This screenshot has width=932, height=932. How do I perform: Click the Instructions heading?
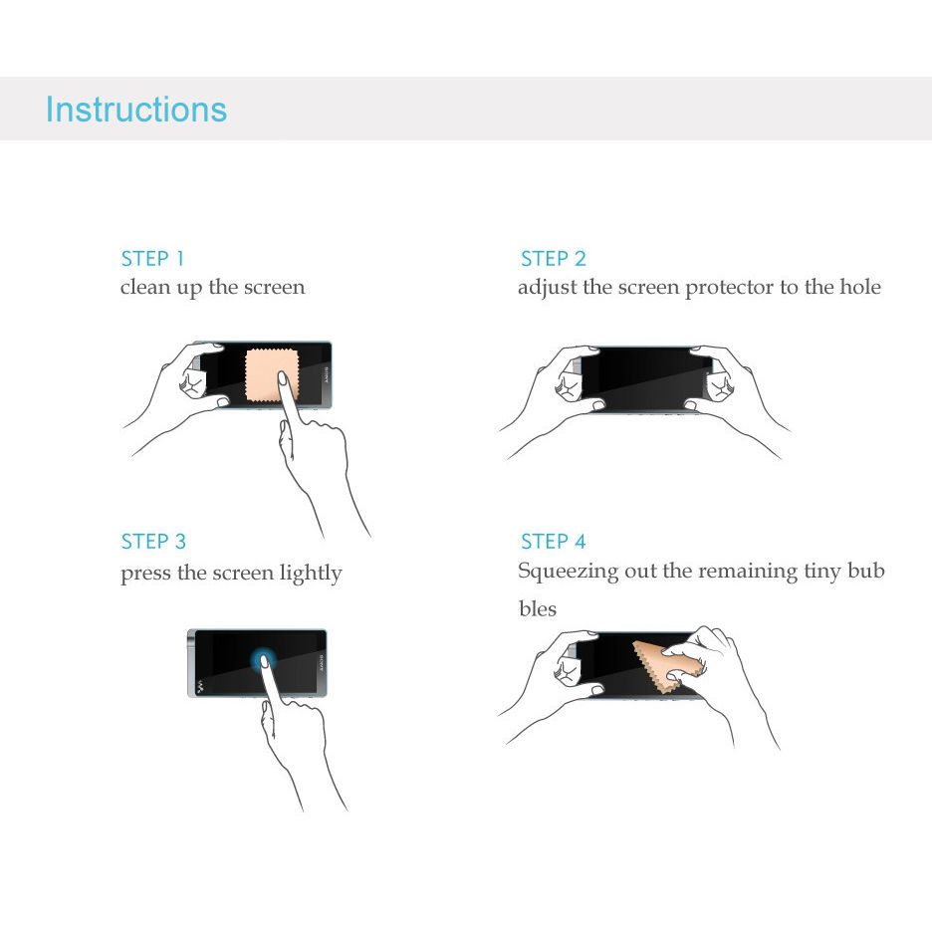(136, 110)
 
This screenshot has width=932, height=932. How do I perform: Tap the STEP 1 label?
(152, 259)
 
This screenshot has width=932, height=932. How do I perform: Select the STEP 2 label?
(554, 259)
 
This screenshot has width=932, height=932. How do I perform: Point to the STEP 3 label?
(153, 542)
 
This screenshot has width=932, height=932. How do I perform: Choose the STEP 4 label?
(554, 542)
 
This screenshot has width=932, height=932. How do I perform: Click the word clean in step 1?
(145, 287)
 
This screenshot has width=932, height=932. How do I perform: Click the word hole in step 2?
(860, 287)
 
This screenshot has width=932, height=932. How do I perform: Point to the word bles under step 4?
(538, 608)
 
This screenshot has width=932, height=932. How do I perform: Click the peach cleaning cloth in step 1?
(271, 375)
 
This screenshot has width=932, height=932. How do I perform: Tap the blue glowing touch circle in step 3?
(262, 660)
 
